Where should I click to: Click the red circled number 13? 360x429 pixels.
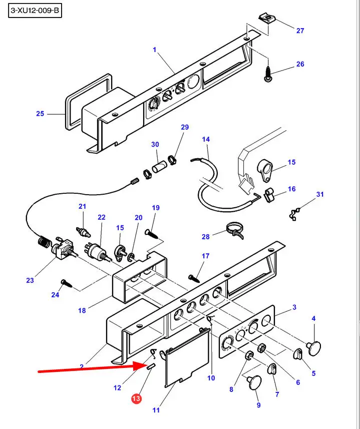click(x=136, y=398)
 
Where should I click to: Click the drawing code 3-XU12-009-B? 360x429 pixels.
click(x=35, y=11)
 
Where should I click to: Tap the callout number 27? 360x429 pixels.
click(x=300, y=31)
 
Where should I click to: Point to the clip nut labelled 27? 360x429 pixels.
click(x=267, y=19)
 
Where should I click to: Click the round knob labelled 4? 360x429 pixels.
click(x=314, y=348)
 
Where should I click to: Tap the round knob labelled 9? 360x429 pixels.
click(x=254, y=382)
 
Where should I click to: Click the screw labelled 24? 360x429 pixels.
click(x=66, y=283)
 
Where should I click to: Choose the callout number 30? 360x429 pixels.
click(x=155, y=145)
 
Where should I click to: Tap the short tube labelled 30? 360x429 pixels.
click(x=160, y=167)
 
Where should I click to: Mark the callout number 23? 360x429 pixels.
click(x=30, y=280)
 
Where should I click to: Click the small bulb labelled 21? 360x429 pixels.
click(x=83, y=232)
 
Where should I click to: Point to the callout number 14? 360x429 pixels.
click(x=206, y=139)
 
